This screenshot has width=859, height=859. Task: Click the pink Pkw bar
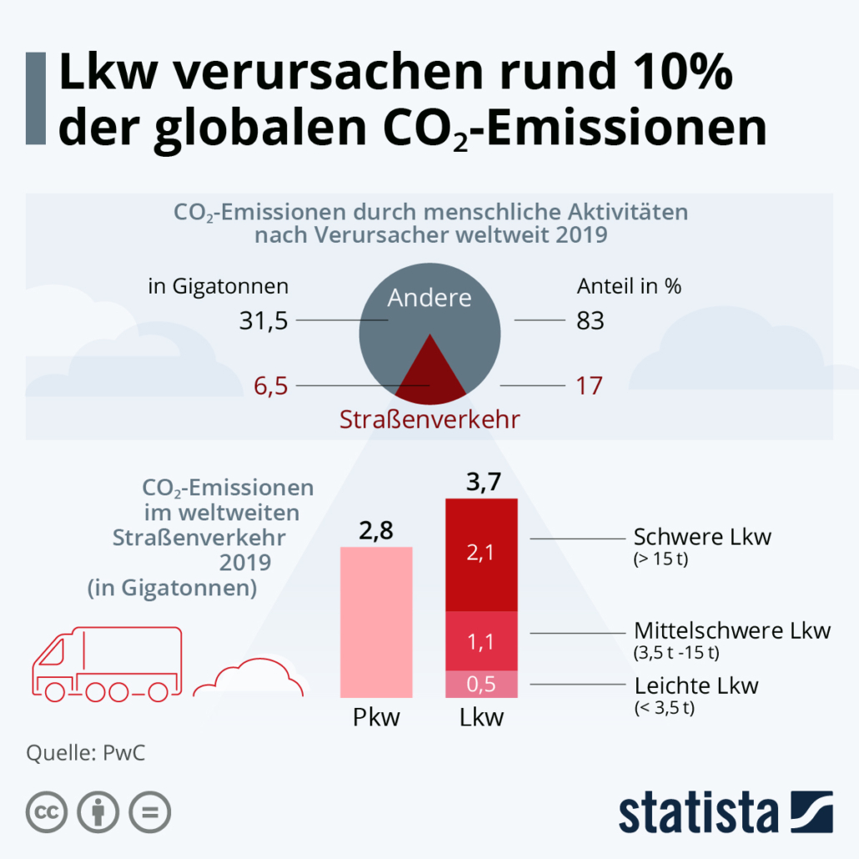[x=376, y=621]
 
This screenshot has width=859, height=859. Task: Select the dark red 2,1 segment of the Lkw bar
[x=482, y=555]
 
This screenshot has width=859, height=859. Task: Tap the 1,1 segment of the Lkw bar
[x=482, y=641]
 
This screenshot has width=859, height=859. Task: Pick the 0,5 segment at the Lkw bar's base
[x=482, y=684]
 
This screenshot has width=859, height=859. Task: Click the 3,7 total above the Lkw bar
[x=482, y=483]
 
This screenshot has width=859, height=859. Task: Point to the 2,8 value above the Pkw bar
[x=376, y=530]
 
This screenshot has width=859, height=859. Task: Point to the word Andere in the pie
[x=429, y=299]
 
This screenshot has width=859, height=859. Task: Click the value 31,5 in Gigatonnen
[x=264, y=321]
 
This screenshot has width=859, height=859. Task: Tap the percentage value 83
[x=590, y=321]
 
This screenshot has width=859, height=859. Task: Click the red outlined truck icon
[x=106, y=663]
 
